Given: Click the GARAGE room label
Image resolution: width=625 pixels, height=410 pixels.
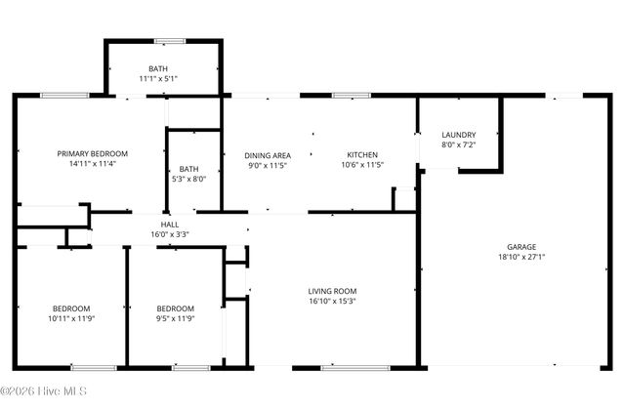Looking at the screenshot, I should point(521,247).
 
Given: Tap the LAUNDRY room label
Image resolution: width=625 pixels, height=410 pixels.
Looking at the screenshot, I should point(458,135).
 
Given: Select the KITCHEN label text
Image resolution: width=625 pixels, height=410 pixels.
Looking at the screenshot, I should point(362,155).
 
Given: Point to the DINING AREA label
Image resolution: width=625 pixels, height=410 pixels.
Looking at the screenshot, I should point(267,155).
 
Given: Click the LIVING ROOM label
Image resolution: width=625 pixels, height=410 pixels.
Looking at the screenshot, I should point(332,291).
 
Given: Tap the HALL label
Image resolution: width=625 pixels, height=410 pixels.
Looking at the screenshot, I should point(169,224).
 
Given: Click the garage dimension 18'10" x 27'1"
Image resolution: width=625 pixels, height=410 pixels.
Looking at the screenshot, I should point(521,259).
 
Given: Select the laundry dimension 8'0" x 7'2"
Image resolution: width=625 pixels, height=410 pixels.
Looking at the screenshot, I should point(458,145).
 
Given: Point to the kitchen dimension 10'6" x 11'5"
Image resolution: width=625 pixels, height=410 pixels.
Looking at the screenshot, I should point(362,166).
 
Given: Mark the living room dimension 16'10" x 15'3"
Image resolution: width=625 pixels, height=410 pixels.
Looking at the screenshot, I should point(332,302).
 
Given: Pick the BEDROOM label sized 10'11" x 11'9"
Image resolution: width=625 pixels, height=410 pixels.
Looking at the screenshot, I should point(71,307).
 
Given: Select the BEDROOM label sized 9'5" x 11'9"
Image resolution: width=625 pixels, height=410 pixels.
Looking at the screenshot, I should point(176,307).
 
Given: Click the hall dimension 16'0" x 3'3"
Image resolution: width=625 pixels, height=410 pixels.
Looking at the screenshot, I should point(169,234).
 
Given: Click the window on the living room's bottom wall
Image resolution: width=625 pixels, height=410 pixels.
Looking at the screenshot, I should point(342,368).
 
